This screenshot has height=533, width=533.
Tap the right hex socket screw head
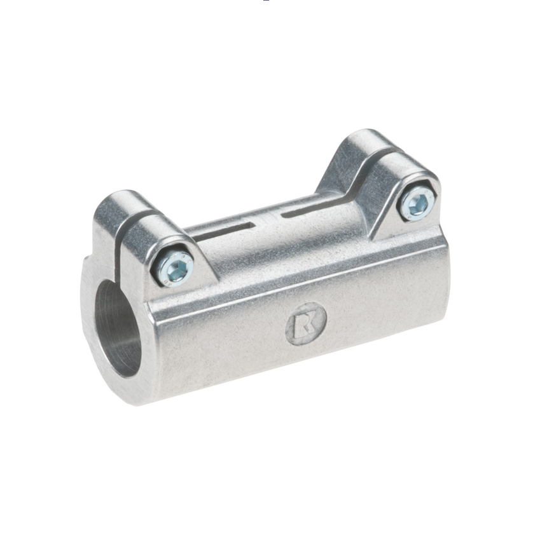[x=417, y=205]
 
